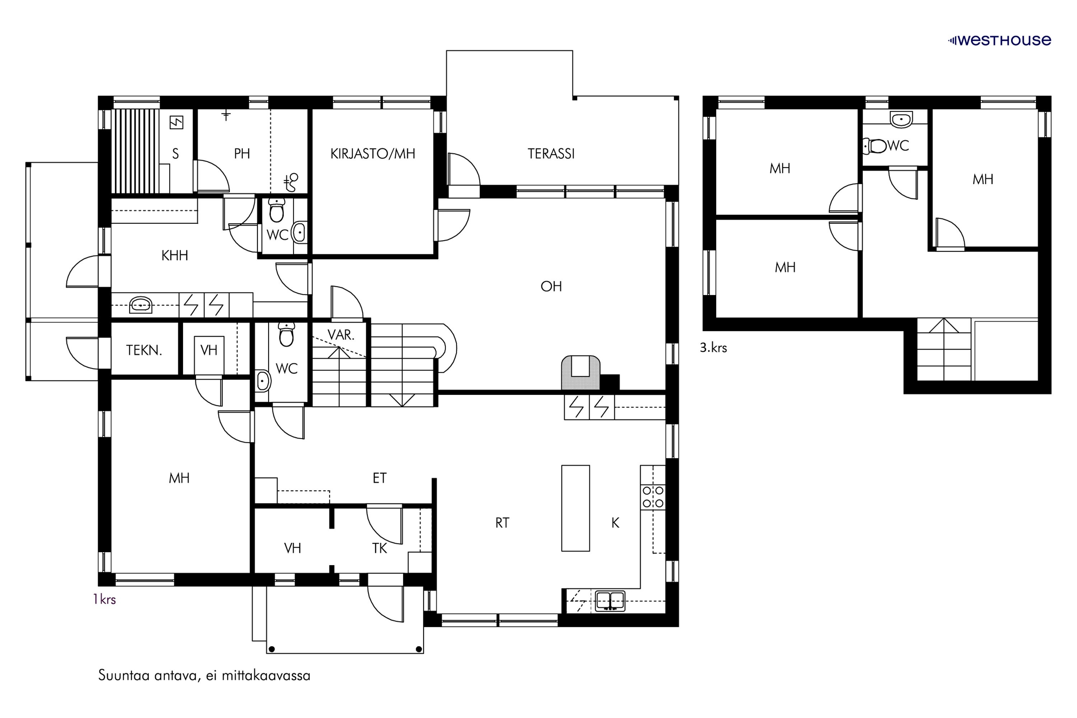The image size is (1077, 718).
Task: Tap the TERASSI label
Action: coord(551,154)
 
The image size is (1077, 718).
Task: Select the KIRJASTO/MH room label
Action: coord(373,154)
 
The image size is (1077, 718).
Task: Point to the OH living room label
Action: coord(551,286)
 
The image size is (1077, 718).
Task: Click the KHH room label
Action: coord(174,256)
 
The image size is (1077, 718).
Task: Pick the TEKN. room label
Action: coord(144,350)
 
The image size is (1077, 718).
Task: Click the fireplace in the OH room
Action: coord(581,373)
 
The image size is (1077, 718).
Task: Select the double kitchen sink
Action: coord(610,601)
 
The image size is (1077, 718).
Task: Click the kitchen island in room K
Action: coord(575,508)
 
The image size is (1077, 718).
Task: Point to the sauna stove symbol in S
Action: coord(176,123)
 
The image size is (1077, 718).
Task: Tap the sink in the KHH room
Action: coord(141,305)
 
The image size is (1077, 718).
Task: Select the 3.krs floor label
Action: coord(713,348)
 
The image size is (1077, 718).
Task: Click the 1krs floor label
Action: coord(104,600)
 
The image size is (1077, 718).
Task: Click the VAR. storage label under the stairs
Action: coord(341,335)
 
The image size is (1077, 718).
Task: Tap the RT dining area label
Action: coord(502,523)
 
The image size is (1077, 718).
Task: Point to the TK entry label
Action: coord(379,549)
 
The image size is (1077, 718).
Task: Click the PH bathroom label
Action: coord(242,154)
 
